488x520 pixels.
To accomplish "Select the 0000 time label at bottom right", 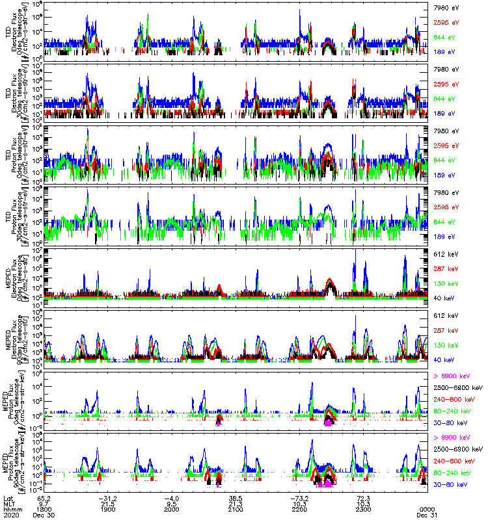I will coord(427,508).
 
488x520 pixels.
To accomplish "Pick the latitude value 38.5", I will coord(236,497).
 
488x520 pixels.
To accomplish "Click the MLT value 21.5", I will coord(108,502).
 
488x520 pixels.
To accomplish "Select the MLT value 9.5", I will coord(172,502).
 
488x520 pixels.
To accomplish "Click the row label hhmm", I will coord(9,508).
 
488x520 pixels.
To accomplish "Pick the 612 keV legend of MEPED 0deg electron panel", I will coord(446,253).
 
